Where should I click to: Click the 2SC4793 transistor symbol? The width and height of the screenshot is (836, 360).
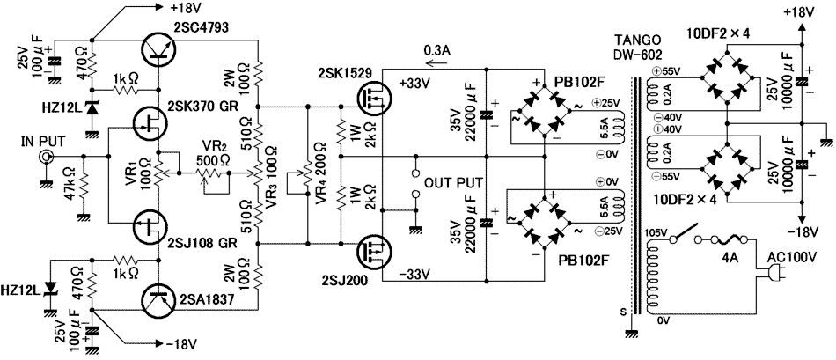(x=158, y=49)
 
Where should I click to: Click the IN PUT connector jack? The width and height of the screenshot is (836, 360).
(x=44, y=158)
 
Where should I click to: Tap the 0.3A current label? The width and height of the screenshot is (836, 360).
(x=437, y=50)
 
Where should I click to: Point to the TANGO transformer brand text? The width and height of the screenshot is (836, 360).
(x=634, y=40)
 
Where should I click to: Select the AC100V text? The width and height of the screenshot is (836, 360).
(x=797, y=261)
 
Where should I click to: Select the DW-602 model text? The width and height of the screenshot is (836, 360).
(x=637, y=54)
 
